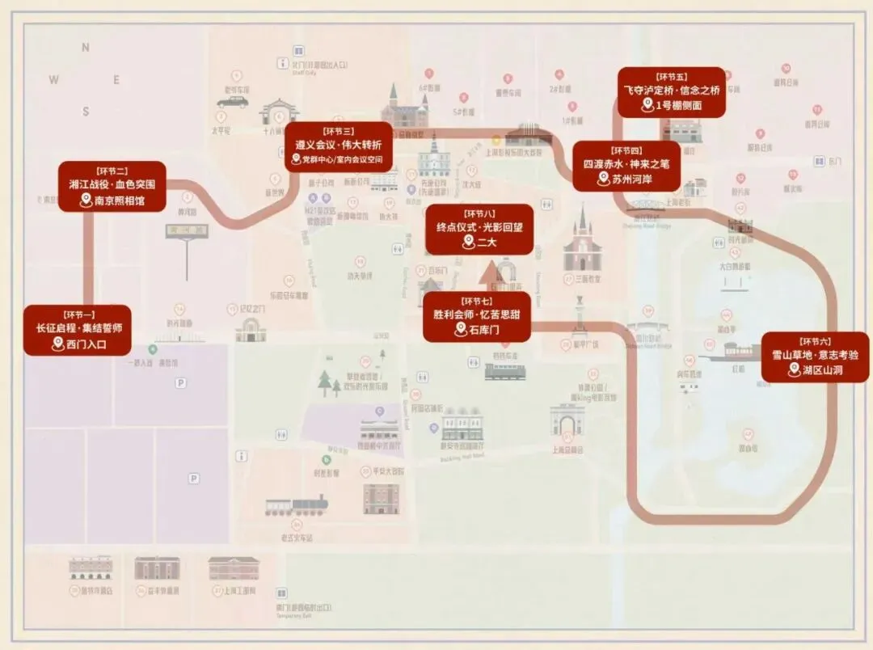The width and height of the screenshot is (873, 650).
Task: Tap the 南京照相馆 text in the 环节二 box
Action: pyautogui.click(x=119, y=200)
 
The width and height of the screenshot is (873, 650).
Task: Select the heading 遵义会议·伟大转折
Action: pyautogui.click(x=339, y=145)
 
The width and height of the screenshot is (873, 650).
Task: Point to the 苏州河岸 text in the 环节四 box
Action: pyautogui.click(x=635, y=179)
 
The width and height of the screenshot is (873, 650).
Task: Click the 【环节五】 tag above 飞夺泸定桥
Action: pyautogui.click(x=671, y=76)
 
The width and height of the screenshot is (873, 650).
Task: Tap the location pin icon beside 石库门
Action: pyautogui.click(x=461, y=329)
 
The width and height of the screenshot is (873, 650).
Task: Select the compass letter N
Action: pyautogui.click(x=85, y=48)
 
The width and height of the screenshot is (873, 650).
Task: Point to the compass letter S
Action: pyautogui.click(x=85, y=111)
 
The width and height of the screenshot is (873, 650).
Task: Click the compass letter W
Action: pyautogui.click(x=53, y=79)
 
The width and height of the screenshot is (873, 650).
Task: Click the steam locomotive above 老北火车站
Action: pyautogui.click(x=297, y=506)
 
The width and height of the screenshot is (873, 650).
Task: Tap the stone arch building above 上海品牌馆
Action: pyautogui.click(x=567, y=421)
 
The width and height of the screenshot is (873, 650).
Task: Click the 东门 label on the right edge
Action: pyautogui.click(x=834, y=162)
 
